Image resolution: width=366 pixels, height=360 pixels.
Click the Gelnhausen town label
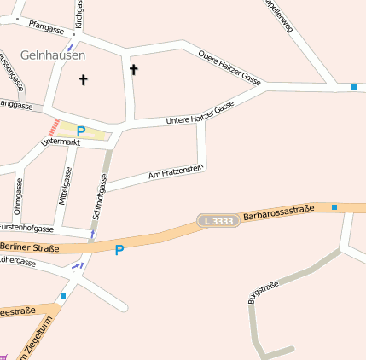[x=53, y=55]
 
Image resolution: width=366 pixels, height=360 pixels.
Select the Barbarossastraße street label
[x=279, y=213]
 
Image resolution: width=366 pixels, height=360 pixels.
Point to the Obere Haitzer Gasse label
[x=229, y=66]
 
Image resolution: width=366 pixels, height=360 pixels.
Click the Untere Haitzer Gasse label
[x=200, y=115]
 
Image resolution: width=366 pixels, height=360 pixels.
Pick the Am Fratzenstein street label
[x=175, y=172]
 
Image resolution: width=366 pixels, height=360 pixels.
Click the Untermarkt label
[x=60, y=142]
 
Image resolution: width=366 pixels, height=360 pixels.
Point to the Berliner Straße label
[x=30, y=247]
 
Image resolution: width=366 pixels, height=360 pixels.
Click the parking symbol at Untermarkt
[x=81, y=131]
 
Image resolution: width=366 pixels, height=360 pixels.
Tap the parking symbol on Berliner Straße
[x=119, y=250]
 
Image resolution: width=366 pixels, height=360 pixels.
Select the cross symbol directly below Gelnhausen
[x=84, y=80]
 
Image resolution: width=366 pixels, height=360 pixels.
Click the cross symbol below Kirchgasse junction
[x=133, y=68]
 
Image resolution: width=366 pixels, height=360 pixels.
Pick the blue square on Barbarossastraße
[x=334, y=207]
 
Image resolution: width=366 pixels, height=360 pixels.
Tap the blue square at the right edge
[x=354, y=86]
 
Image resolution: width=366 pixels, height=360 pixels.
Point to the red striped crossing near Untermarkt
[x=54, y=127]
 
